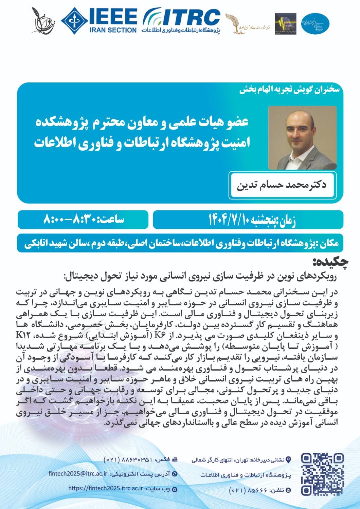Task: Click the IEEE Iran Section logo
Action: coord(99,21)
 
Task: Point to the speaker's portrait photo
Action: coord(302,138)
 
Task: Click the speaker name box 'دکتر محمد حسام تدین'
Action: coord(282,185)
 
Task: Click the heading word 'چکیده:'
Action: coord(331,262)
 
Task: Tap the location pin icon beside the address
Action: coord(289,460)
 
